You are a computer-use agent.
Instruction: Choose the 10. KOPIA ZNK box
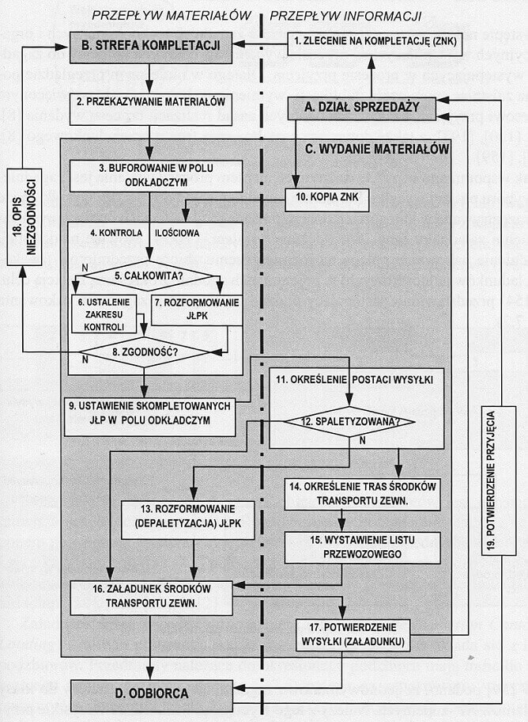[x=326, y=201]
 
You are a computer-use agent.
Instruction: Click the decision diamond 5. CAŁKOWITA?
[x=149, y=275]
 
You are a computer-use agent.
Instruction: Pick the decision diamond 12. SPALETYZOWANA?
[x=349, y=422]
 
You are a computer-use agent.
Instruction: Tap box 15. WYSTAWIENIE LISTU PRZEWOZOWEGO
[x=362, y=546]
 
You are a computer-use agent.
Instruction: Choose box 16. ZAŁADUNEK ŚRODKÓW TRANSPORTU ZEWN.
[x=151, y=595]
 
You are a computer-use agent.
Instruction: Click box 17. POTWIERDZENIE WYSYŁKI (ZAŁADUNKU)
[x=353, y=635]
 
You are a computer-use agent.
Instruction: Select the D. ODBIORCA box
[x=151, y=693]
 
